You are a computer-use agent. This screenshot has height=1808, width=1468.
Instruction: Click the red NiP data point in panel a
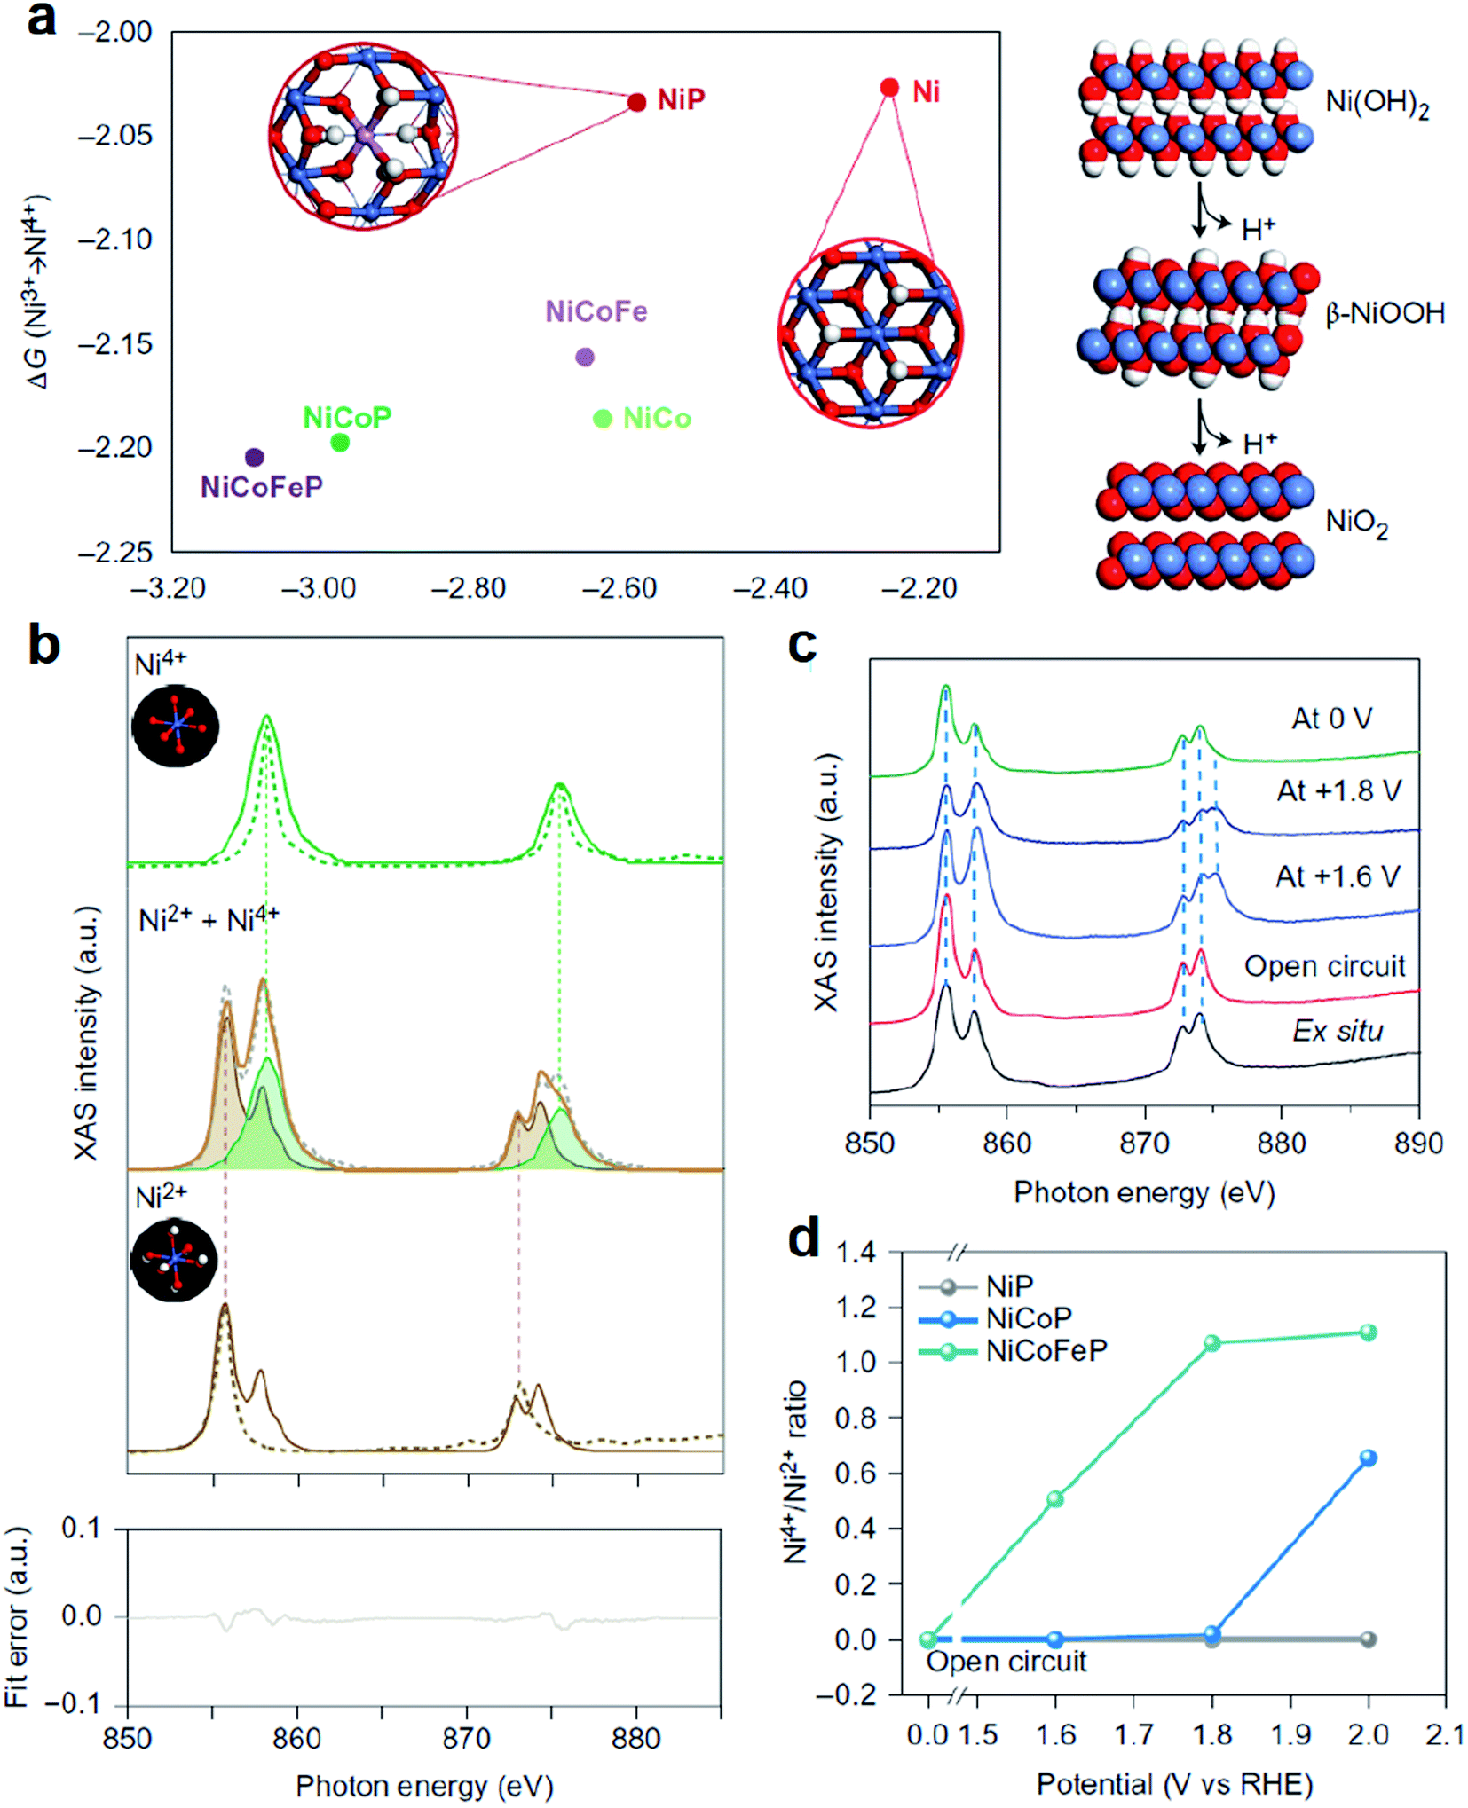point(636,102)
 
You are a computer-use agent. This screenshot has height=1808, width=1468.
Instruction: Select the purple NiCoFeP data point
point(255,457)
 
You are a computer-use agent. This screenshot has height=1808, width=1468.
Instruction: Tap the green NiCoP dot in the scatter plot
point(340,442)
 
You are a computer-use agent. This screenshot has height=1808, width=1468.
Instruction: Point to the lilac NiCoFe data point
point(585,357)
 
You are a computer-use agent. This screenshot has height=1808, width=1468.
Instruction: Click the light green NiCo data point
point(603,419)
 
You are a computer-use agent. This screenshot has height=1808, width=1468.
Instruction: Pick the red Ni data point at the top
point(889,87)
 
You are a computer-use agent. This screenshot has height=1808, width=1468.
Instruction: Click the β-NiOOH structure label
point(1385,313)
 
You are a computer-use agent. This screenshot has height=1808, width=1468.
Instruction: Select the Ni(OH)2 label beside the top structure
point(1377,104)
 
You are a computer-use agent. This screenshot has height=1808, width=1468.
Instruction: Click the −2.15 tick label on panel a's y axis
point(115,344)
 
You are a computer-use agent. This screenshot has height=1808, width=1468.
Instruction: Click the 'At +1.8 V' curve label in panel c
point(1338,790)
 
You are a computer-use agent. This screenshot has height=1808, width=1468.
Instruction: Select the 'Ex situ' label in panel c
point(1338,1030)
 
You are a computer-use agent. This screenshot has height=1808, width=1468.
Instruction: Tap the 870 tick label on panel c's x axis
point(1144,1144)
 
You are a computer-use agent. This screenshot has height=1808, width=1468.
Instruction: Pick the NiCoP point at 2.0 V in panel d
point(1368,1458)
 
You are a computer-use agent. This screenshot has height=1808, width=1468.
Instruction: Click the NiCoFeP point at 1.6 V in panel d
point(1055,1498)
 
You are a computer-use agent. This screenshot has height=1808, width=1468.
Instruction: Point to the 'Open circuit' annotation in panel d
point(1006,1661)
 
